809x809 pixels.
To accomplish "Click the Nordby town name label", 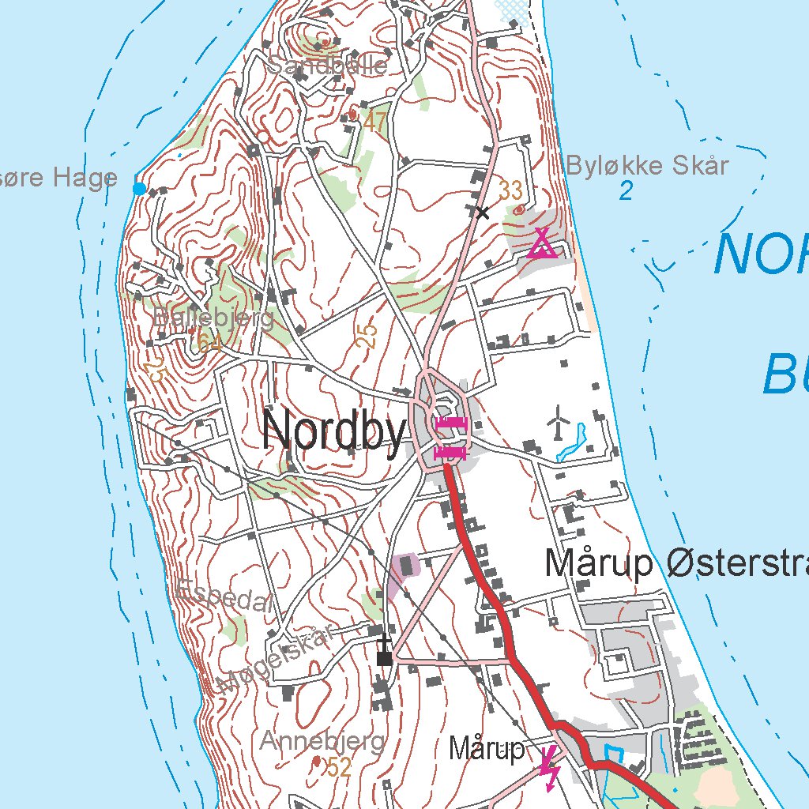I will (x=335, y=431).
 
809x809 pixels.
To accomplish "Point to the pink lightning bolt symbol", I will (x=549, y=767).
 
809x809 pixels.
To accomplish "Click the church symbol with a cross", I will (x=385, y=651).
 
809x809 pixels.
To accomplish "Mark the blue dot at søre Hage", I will (x=139, y=188).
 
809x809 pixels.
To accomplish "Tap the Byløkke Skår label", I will (x=647, y=166).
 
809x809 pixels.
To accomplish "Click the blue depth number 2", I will (x=626, y=191).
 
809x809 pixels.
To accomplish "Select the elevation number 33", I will (x=510, y=190).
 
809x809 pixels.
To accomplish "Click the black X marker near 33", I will (x=482, y=212).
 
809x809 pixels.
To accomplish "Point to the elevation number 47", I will (x=374, y=122).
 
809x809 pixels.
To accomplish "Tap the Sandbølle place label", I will (x=327, y=65).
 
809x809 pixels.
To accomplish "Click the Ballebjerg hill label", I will (x=213, y=318).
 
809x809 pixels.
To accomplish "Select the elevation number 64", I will (x=209, y=342).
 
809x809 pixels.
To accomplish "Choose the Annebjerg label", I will (x=322, y=742).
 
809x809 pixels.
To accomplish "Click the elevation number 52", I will (x=339, y=766).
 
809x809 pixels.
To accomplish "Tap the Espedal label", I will (x=224, y=594).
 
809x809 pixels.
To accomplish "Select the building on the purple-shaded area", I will (x=408, y=565).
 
